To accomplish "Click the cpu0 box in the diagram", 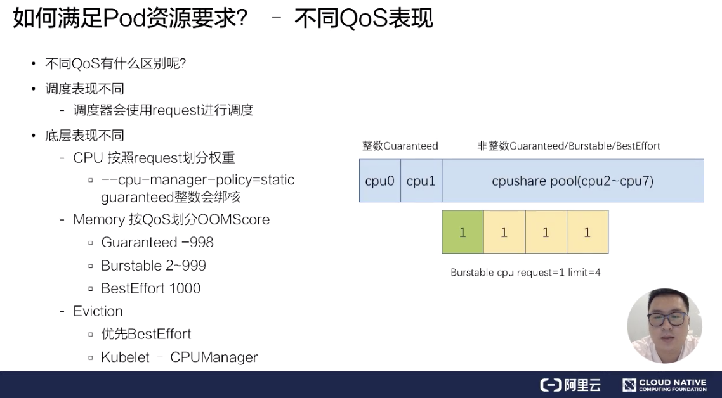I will tap(379, 181).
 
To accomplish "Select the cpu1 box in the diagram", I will tap(421, 181).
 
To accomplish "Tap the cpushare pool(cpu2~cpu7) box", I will tap(572, 181).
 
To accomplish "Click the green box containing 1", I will tap(463, 232).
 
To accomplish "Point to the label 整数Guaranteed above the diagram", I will tap(400, 146).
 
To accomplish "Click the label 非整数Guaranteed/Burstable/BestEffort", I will tap(568, 146).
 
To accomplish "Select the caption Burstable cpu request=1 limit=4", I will tap(525, 273).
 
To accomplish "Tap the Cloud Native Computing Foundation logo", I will tap(664, 385).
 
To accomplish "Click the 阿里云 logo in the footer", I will tap(570, 385).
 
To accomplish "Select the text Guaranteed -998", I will tap(157, 243).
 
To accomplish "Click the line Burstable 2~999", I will tap(154, 266).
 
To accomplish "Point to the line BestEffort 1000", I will tap(151, 288).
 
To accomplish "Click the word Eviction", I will tap(98, 311).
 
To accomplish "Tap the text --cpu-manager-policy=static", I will tap(198, 180).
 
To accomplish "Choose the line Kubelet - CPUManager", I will tap(180, 357).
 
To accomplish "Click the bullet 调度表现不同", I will tap(84, 89).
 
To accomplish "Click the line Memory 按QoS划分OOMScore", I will tap(171, 220).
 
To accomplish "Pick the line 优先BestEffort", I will tap(146, 334).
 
